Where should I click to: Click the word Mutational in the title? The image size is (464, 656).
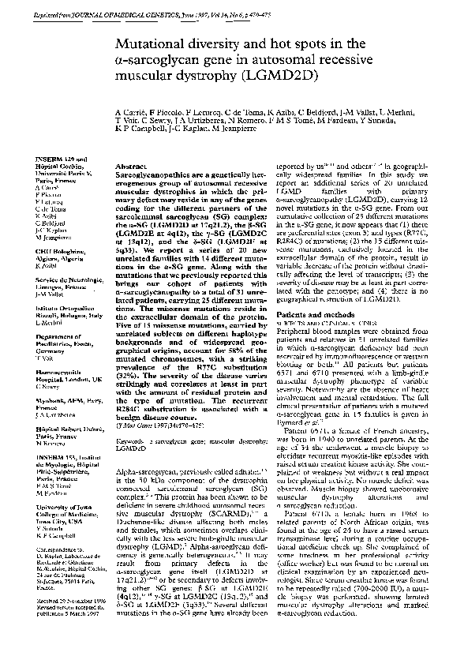(x=152, y=46)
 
